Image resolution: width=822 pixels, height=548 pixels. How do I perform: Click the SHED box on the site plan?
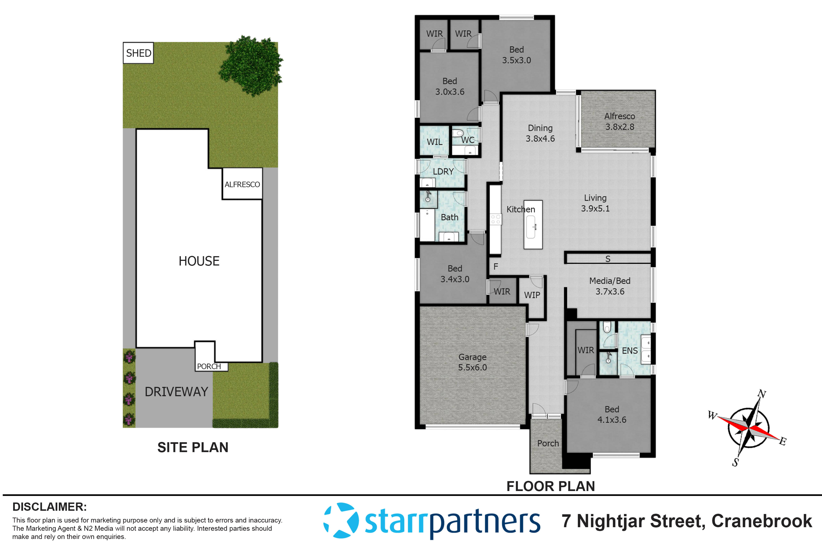138,53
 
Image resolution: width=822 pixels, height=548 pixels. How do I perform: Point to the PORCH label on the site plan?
209,366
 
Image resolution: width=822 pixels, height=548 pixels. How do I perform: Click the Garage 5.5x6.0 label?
472,362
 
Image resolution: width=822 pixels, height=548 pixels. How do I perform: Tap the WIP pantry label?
532,295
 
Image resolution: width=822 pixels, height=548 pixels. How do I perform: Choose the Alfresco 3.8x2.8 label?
619,121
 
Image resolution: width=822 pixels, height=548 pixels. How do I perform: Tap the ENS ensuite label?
630,351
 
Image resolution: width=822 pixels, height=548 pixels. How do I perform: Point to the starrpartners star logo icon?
341,520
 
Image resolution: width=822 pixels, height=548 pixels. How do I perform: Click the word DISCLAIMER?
49,507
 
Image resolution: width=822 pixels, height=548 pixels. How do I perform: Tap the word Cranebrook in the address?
762,521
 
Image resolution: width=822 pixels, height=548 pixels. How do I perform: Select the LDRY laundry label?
443,172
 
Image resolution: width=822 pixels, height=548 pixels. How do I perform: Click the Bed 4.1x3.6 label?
612,414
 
